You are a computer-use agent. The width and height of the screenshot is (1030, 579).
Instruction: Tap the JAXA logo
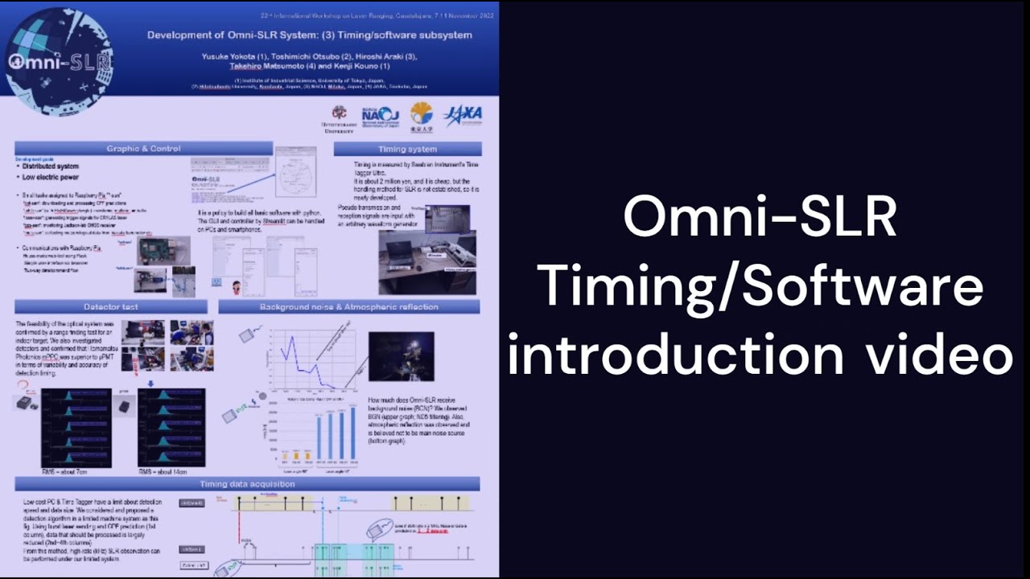[463, 115]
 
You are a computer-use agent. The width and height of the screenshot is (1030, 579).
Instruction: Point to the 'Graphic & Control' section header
[144, 149]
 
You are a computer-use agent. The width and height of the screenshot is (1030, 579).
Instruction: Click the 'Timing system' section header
[407, 149]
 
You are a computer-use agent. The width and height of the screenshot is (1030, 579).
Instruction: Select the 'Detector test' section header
[111, 306]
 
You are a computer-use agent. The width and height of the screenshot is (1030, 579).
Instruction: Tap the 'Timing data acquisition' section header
[247, 484]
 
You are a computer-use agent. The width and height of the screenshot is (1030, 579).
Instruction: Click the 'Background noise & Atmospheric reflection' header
[348, 306]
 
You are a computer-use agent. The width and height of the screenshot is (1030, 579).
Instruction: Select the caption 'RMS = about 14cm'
[171, 472]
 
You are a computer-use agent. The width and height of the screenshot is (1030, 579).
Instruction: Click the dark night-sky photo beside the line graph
[401, 356]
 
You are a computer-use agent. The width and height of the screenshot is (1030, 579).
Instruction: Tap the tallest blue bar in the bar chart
[352, 434]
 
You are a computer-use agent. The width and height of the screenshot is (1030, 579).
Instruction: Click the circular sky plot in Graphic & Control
[295, 172]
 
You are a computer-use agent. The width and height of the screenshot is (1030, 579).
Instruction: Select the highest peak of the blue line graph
[291, 338]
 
